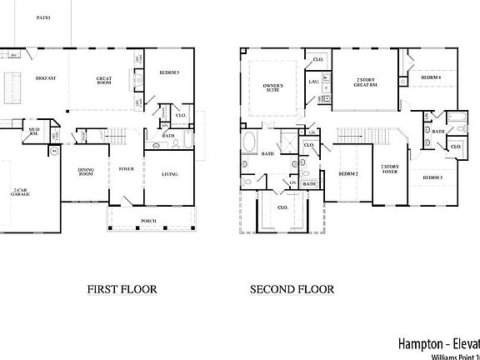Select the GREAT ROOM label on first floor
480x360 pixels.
click(103, 80)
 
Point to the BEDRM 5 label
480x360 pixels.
click(169, 73)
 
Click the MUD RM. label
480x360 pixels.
click(34, 132)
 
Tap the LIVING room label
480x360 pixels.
click(169, 174)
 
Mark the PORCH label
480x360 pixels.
click(148, 221)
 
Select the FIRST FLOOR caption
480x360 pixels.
click(122, 290)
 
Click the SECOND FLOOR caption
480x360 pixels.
click(292, 290)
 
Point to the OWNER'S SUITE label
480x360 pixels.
click(272, 88)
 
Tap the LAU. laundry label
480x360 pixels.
click(314, 82)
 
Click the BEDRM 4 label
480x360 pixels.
click(430, 77)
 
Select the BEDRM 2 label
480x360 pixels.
click(348, 173)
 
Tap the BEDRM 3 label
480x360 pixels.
click(432, 177)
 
